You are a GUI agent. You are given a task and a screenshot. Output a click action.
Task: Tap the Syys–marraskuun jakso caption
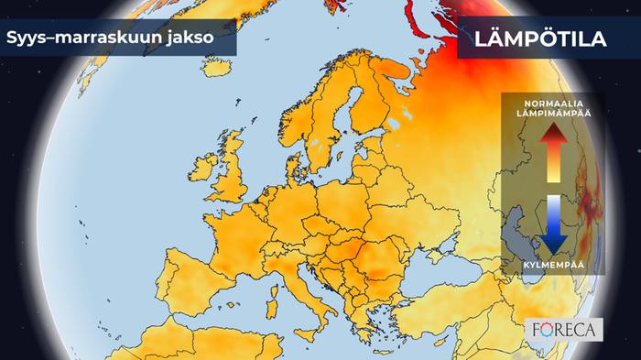(x=109, y=39)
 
